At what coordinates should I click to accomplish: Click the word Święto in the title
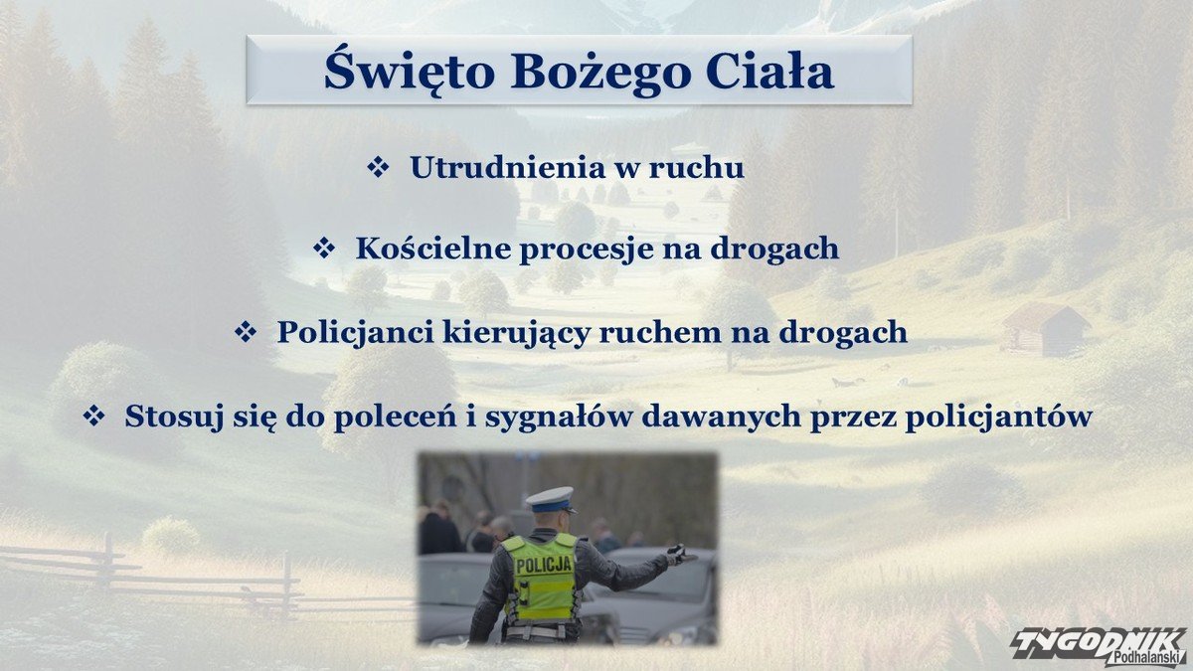410,71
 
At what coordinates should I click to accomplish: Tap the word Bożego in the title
601,74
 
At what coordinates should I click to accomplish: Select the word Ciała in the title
770,71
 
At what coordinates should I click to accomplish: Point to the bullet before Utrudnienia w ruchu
378,167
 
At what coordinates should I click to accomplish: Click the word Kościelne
433,249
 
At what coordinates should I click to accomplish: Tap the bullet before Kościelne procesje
324,249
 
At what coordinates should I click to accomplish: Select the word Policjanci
355,333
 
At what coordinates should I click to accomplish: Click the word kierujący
517,334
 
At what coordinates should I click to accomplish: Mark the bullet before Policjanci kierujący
246,332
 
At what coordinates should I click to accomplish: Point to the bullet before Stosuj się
93,416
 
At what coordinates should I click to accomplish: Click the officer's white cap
551,499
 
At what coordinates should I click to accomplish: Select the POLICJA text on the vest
545,565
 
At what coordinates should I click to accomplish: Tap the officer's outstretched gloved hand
681,555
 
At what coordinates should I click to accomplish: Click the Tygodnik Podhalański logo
1100,646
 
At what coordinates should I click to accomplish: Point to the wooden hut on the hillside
1045,330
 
